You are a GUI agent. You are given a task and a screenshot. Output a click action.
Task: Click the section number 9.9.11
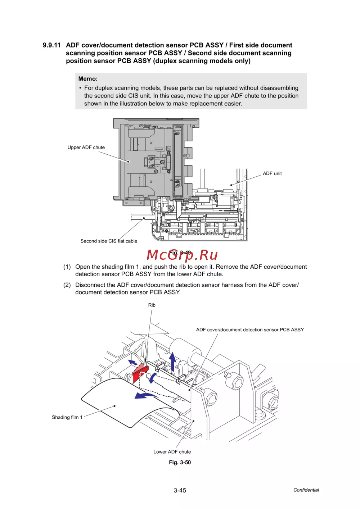(51, 45)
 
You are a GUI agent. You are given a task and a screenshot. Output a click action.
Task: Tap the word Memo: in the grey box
(88, 79)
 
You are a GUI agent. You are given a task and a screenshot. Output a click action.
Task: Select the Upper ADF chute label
(86, 147)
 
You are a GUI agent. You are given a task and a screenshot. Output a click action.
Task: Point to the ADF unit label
(272, 173)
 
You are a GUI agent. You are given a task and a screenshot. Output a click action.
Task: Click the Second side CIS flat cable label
(109, 241)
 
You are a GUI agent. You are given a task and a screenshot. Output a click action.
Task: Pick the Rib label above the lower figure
(152, 305)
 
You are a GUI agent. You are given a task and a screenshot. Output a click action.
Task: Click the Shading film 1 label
(67, 417)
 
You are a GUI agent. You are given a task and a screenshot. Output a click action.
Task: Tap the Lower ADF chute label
(172, 452)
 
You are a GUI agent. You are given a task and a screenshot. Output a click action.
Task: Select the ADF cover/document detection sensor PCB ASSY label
(250, 330)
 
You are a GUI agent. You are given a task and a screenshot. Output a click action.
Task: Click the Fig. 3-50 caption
(180, 462)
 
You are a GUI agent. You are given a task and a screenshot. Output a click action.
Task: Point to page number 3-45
(180, 490)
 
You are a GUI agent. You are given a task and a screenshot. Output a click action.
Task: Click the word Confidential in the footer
(306, 490)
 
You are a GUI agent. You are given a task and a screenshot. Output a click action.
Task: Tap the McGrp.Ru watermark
(182, 255)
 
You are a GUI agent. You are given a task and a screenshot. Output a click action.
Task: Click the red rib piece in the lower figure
(140, 373)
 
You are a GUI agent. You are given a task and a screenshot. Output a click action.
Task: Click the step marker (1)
(67, 267)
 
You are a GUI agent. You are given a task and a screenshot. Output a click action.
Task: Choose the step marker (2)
(67, 285)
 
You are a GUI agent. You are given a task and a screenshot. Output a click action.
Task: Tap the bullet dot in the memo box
(80, 88)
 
